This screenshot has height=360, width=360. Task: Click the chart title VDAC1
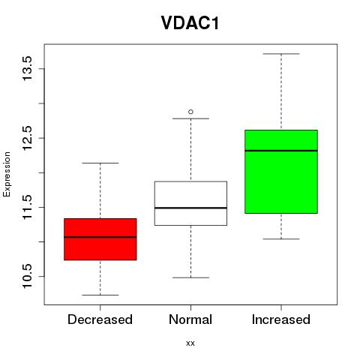point(190,23)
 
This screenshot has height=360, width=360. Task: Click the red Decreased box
point(100,239)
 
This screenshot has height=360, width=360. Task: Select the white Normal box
point(190,203)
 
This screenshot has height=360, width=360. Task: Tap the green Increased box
point(281,172)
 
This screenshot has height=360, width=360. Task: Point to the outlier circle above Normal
point(190,112)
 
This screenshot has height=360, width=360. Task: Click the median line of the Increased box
point(281,151)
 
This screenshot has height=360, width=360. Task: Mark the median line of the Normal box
point(190,208)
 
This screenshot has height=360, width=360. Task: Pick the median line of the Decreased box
point(100,237)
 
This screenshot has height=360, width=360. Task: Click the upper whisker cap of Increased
point(281,54)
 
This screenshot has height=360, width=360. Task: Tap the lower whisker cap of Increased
point(281,239)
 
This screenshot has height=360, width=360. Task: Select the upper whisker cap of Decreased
point(100,163)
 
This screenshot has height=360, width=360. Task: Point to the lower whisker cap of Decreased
point(100,295)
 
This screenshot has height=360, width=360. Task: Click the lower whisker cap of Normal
point(190,277)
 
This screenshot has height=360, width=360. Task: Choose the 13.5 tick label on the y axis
point(27,68)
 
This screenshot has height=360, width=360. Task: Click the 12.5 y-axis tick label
point(27,138)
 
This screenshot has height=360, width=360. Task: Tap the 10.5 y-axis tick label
point(27,276)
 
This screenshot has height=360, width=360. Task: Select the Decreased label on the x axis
point(100,319)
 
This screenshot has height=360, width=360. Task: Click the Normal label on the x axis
point(190,319)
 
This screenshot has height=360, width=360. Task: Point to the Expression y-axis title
point(7,174)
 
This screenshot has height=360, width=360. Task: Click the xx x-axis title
point(190,343)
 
